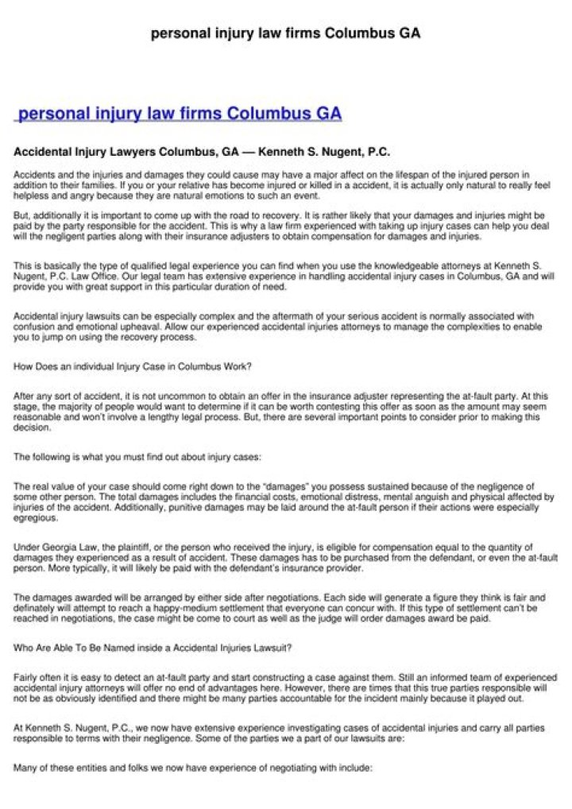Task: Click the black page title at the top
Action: (x=285, y=33)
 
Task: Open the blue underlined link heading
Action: (x=180, y=114)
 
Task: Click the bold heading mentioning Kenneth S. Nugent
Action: (x=202, y=151)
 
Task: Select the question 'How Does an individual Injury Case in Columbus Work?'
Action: (x=133, y=366)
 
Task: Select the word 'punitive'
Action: (x=199, y=507)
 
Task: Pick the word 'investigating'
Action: (x=301, y=727)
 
